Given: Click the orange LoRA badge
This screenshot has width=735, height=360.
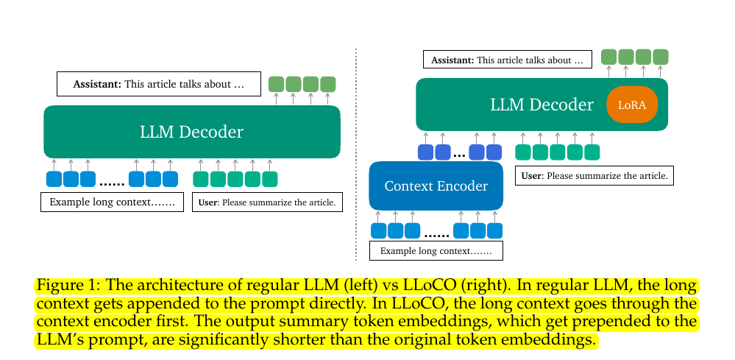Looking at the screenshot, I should click(631, 105).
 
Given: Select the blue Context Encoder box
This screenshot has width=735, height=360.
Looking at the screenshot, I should click(436, 186).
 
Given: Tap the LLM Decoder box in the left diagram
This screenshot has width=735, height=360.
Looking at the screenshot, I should click(191, 132).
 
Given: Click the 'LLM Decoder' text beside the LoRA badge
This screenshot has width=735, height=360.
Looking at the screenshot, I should click(542, 105).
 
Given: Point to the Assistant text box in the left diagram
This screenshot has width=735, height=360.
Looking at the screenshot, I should click(160, 84).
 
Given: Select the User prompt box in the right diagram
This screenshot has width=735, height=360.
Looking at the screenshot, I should click(594, 175).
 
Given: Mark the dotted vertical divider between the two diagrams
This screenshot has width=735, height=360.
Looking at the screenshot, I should click(356, 155).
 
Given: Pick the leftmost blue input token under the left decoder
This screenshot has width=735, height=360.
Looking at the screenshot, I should click(54, 179).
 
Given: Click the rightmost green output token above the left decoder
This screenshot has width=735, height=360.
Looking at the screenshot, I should click(327, 84).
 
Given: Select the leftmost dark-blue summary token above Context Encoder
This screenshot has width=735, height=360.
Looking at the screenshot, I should click(425, 152).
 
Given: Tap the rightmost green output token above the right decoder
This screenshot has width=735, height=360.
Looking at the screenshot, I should click(660, 57).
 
